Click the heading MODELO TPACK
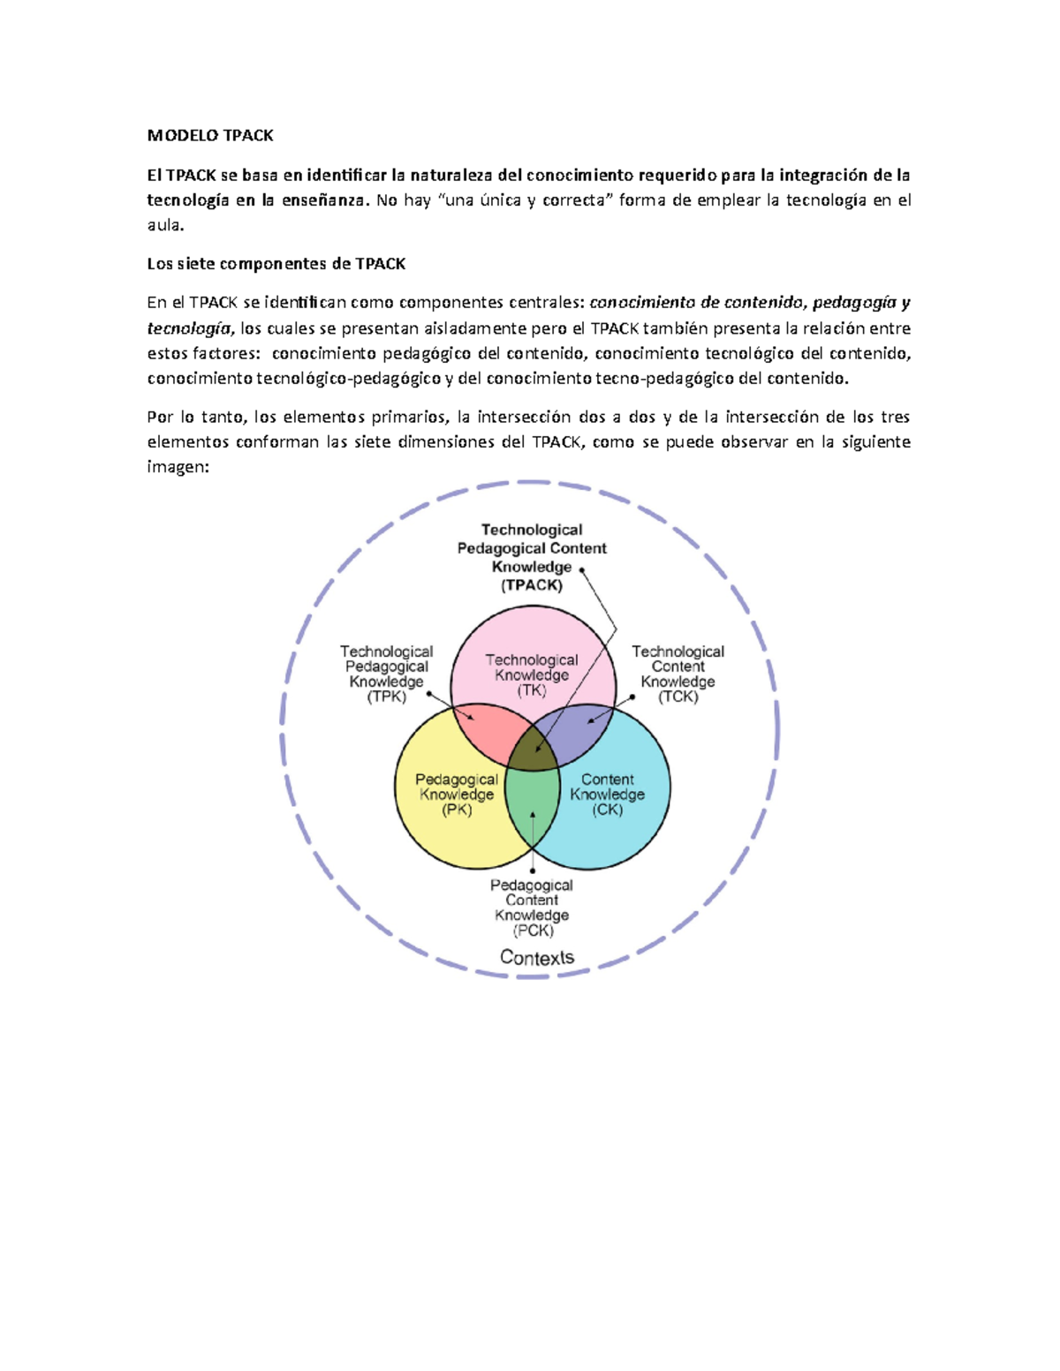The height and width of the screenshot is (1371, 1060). pos(210,135)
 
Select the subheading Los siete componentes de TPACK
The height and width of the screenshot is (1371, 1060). pos(276,263)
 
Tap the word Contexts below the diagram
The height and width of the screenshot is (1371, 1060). pos(536,957)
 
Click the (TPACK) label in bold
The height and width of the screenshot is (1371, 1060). pos(532,585)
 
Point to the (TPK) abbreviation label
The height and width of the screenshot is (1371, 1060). pos(386,697)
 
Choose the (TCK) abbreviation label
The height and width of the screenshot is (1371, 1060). pos(678,697)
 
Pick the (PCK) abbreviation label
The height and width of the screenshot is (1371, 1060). pos(533,930)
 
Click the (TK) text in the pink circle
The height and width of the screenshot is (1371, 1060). pos(532,690)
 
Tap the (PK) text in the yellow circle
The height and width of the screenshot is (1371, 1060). pos(457,810)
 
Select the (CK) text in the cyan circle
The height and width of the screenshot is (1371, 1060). pos(607,810)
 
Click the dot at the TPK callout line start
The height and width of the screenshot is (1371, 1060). pos(429,693)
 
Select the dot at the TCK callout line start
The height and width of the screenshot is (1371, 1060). pos(633,697)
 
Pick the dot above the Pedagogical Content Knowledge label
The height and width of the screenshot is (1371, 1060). pos(533,870)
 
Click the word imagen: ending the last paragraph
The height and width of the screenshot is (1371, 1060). pos(178,467)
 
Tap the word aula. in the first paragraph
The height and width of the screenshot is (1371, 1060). pos(165,225)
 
